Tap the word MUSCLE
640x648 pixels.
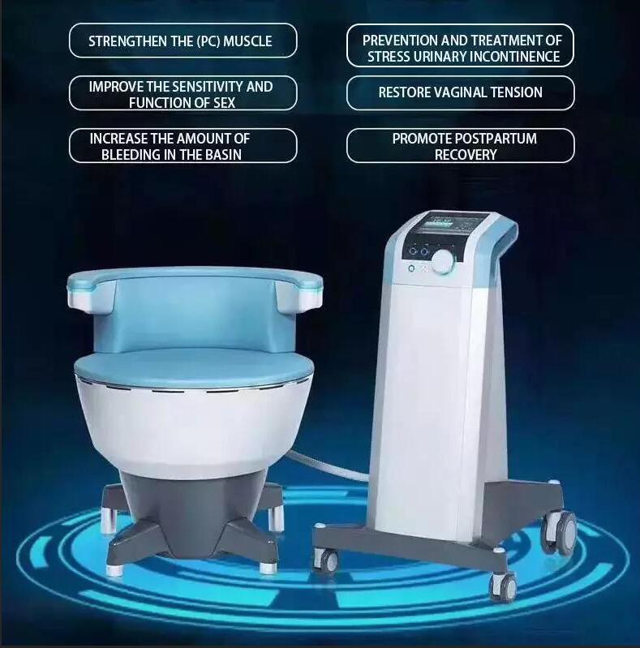click(x=244, y=41)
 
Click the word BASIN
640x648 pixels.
click(x=220, y=154)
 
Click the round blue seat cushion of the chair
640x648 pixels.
click(x=194, y=366)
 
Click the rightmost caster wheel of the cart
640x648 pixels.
click(x=565, y=531)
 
